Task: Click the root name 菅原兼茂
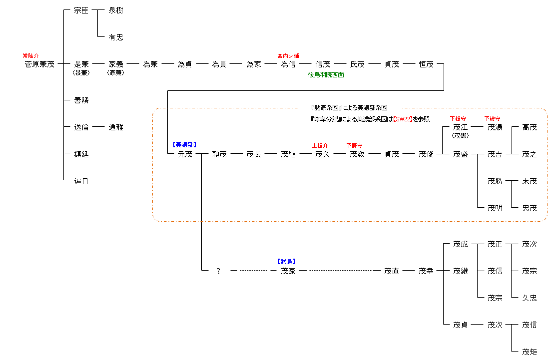click(x=39, y=64)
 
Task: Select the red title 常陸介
click(x=30, y=56)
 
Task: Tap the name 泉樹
click(x=115, y=10)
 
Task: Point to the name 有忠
click(x=115, y=37)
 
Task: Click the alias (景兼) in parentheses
click(x=81, y=73)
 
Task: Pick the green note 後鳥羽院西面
click(x=326, y=75)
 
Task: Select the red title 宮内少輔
click(x=288, y=56)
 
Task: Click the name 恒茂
click(x=426, y=64)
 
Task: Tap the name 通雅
click(x=115, y=127)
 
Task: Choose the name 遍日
click(x=81, y=181)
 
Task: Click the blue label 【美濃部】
click(x=184, y=145)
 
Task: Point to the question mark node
click(x=218, y=271)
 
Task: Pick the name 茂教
click(x=357, y=154)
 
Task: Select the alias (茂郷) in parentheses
click(x=461, y=136)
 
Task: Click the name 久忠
click(x=530, y=298)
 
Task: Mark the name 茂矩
click(x=530, y=352)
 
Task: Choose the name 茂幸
click(x=426, y=271)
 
